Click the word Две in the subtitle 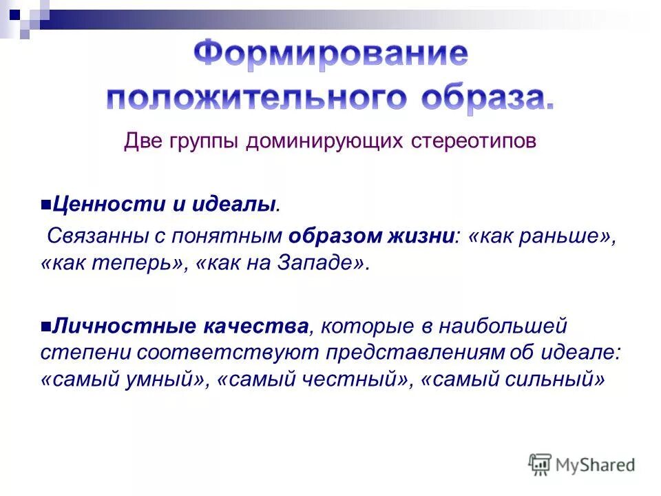143,141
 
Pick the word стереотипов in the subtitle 473,141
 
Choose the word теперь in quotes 143,265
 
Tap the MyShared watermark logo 583,464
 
